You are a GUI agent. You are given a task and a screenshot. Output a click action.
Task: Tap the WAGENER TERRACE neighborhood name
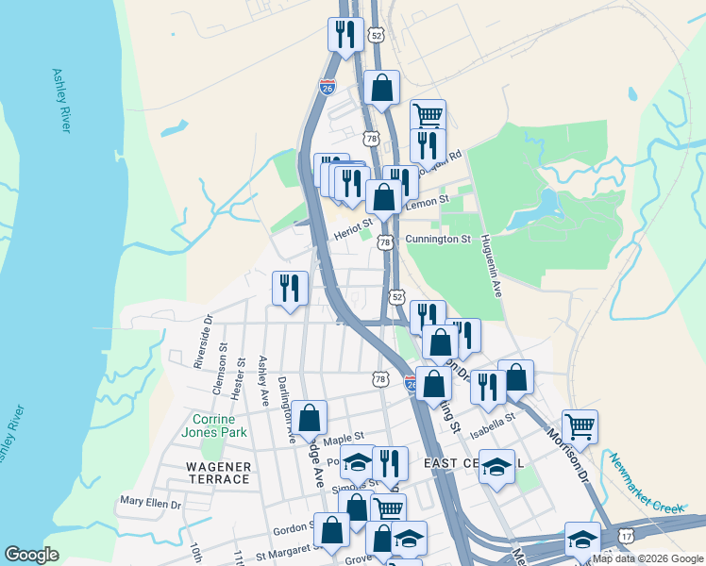218,473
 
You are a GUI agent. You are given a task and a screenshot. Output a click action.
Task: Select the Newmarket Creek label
645,483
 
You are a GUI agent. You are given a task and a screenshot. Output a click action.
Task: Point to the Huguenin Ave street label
490,266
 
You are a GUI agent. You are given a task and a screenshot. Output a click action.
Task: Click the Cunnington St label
437,240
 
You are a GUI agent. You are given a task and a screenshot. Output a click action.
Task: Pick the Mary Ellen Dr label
151,504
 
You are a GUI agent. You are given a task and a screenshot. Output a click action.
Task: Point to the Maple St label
344,439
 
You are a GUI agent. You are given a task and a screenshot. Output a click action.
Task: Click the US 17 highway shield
627,536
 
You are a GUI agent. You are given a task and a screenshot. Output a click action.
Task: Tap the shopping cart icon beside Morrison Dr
580,425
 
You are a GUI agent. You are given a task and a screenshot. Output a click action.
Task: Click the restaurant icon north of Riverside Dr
290,288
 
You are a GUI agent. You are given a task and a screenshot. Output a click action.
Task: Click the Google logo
31,555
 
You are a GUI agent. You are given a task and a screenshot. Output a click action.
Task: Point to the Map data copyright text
647,558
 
